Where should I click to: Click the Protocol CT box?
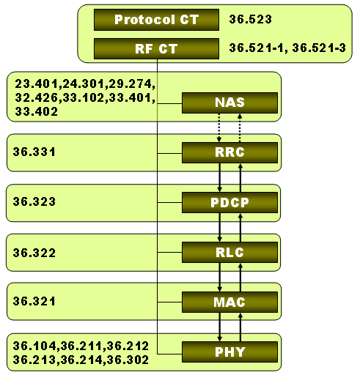point(156,20)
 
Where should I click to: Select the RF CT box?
point(156,48)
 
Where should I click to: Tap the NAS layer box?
point(229,103)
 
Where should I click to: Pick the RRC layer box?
point(229,152)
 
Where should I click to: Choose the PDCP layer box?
point(229,202)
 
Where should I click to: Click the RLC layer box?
point(229,253)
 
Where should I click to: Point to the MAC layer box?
point(229,302)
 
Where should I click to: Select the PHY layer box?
point(229,352)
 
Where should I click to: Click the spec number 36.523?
point(251,19)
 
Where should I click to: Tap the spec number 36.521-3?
point(319,48)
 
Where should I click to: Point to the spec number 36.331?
point(34,152)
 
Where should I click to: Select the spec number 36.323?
point(34,201)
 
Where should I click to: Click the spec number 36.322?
point(34,253)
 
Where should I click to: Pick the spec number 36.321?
point(34,301)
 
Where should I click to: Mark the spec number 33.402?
point(37,112)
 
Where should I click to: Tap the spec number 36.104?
point(34,346)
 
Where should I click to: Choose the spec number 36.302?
point(128,360)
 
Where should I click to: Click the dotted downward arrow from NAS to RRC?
point(219,127)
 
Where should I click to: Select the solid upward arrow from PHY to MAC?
point(240,327)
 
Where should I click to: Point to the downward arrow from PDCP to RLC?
point(219,228)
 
